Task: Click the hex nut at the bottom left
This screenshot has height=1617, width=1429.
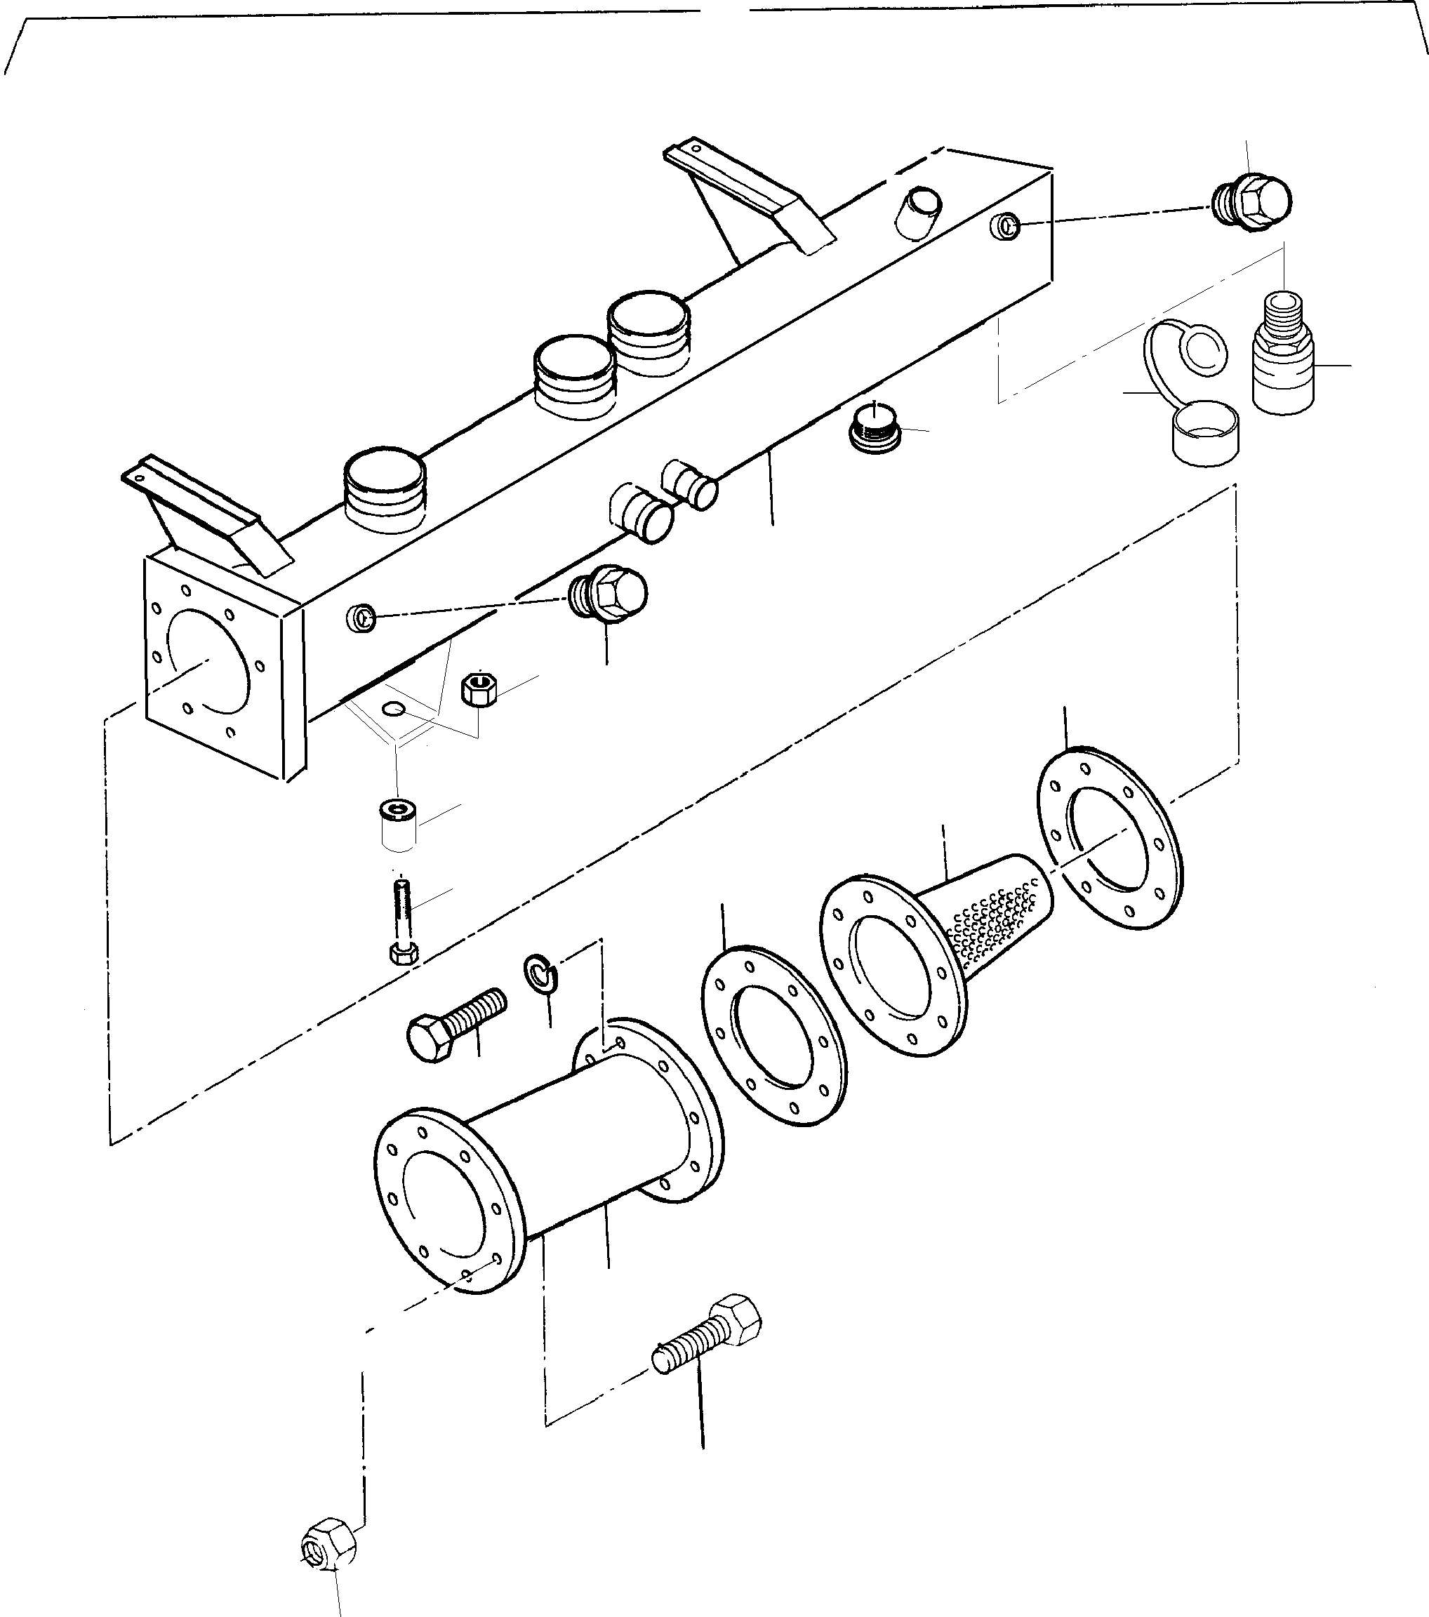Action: tap(328, 1543)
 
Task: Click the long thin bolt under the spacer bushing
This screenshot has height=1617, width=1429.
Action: tap(401, 921)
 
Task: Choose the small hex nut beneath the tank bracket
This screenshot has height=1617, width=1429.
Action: tap(479, 689)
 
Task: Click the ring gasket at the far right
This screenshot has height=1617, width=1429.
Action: tap(1108, 839)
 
